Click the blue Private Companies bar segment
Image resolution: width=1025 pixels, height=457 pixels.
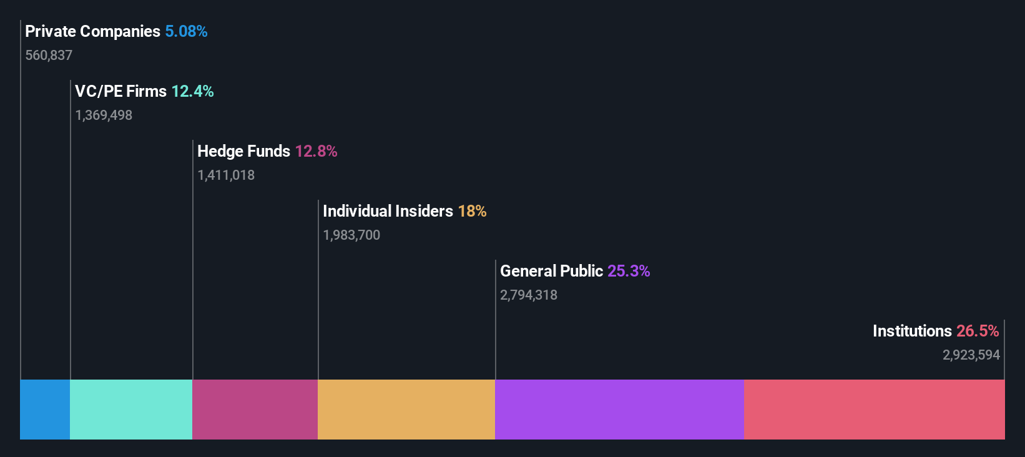(45, 410)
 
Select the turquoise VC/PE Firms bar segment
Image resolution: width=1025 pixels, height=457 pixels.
(131, 410)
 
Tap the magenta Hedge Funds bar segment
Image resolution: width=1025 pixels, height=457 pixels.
(255, 410)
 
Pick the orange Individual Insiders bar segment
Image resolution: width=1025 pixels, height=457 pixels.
(406, 410)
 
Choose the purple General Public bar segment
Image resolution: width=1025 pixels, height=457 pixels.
(619, 410)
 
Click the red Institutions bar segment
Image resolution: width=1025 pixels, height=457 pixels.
(874, 410)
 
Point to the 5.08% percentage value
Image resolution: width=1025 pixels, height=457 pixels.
(186, 31)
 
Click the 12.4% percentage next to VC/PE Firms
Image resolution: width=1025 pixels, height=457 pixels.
(192, 91)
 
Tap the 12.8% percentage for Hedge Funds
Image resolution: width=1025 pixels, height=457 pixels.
(316, 151)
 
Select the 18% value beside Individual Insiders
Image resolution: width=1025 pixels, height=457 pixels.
(472, 211)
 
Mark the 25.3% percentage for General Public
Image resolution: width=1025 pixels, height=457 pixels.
(629, 271)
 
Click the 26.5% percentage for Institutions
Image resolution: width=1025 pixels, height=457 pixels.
(978, 331)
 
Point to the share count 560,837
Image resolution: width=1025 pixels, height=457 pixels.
(49, 56)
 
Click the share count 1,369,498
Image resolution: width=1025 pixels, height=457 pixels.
(104, 115)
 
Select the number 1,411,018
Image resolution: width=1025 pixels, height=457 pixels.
(226, 175)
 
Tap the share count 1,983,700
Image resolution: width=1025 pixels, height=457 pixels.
(351, 235)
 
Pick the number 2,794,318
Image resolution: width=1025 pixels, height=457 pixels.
(529, 295)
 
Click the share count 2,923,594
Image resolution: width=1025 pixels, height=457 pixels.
(971, 355)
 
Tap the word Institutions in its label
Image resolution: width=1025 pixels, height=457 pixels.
(912, 331)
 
